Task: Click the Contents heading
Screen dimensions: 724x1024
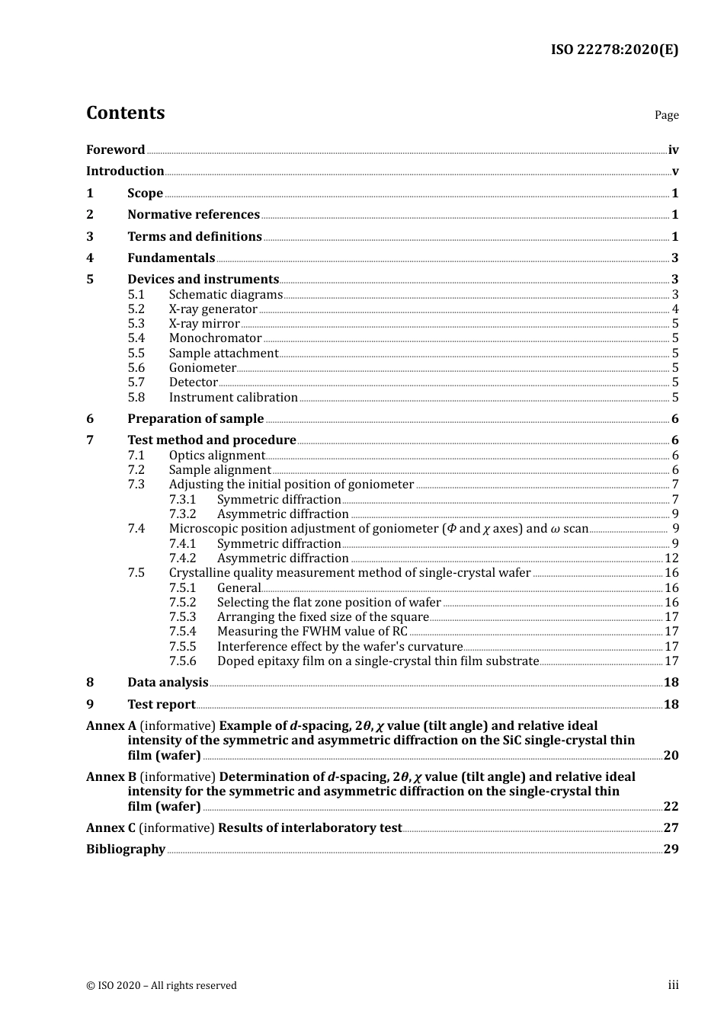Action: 125,113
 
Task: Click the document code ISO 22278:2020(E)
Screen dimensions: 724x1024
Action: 614,50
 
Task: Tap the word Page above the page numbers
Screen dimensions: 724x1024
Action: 666,115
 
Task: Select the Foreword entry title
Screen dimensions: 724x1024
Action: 115,150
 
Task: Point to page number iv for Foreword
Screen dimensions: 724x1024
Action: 673,150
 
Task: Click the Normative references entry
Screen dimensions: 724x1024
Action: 194,215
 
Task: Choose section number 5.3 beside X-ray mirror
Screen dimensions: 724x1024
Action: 136,324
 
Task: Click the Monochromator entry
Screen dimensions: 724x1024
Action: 215,338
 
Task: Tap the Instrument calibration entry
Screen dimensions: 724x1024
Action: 233,398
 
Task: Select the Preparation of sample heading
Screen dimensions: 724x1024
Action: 195,419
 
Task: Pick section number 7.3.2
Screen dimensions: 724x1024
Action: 182,514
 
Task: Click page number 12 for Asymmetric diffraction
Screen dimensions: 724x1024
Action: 671,558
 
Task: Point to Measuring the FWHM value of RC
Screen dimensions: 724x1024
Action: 312,632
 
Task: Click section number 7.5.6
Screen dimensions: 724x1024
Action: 182,661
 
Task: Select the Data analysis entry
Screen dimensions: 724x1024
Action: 168,683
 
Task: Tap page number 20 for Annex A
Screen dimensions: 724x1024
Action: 671,756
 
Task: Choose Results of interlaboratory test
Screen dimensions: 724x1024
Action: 309,828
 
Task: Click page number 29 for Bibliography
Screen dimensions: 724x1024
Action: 671,850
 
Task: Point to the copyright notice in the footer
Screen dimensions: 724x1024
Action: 162,986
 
